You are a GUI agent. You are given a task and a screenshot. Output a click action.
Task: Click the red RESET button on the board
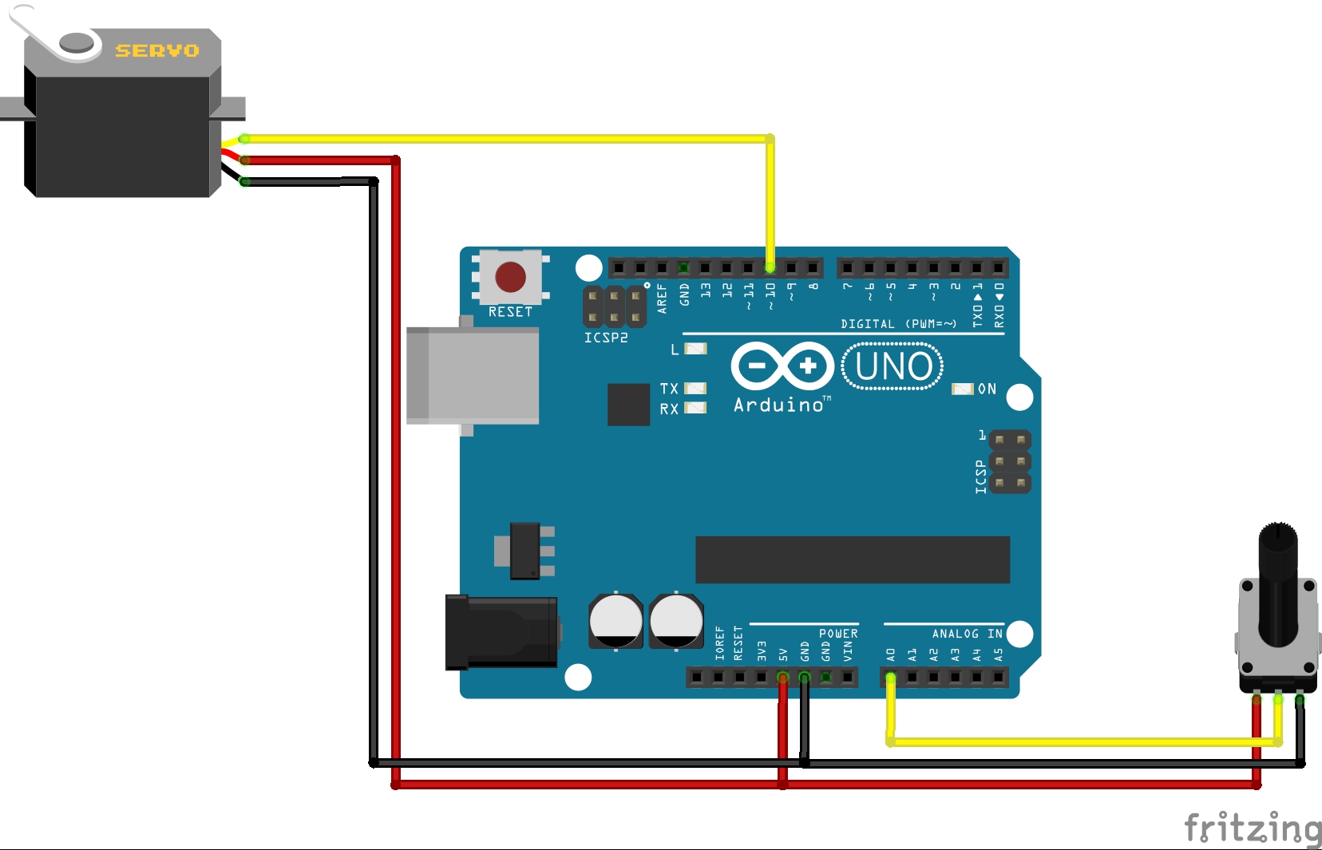coord(510,277)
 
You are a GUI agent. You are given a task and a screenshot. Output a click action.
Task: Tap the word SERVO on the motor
coord(157,51)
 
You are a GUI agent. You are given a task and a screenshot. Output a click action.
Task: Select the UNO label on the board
coord(893,366)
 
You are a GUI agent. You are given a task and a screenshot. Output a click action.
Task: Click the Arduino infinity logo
coord(782,366)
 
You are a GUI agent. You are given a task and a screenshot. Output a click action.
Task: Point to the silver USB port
coord(473,375)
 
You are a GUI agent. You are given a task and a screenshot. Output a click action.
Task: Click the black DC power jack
coord(501,632)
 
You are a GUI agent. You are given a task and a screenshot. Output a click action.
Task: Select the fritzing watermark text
coord(1252,828)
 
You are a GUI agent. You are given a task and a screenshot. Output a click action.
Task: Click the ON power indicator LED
coord(963,389)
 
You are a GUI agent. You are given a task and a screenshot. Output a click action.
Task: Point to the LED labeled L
coord(696,349)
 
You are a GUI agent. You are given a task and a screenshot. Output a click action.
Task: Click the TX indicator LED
coord(696,389)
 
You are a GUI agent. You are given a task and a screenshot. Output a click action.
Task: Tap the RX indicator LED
coord(696,408)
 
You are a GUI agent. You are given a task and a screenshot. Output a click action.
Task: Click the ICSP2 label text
coord(606,338)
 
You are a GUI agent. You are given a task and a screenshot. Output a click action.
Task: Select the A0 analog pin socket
coord(891,678)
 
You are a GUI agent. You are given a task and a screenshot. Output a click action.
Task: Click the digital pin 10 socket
coord(770,267)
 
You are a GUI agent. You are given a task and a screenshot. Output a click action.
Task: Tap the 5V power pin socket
coord(782,678)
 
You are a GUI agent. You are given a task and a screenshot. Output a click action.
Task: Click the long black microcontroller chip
coord(853,559)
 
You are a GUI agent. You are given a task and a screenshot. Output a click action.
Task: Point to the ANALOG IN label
coord(967,634)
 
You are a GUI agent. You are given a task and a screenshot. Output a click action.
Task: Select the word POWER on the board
coord(838,634)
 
